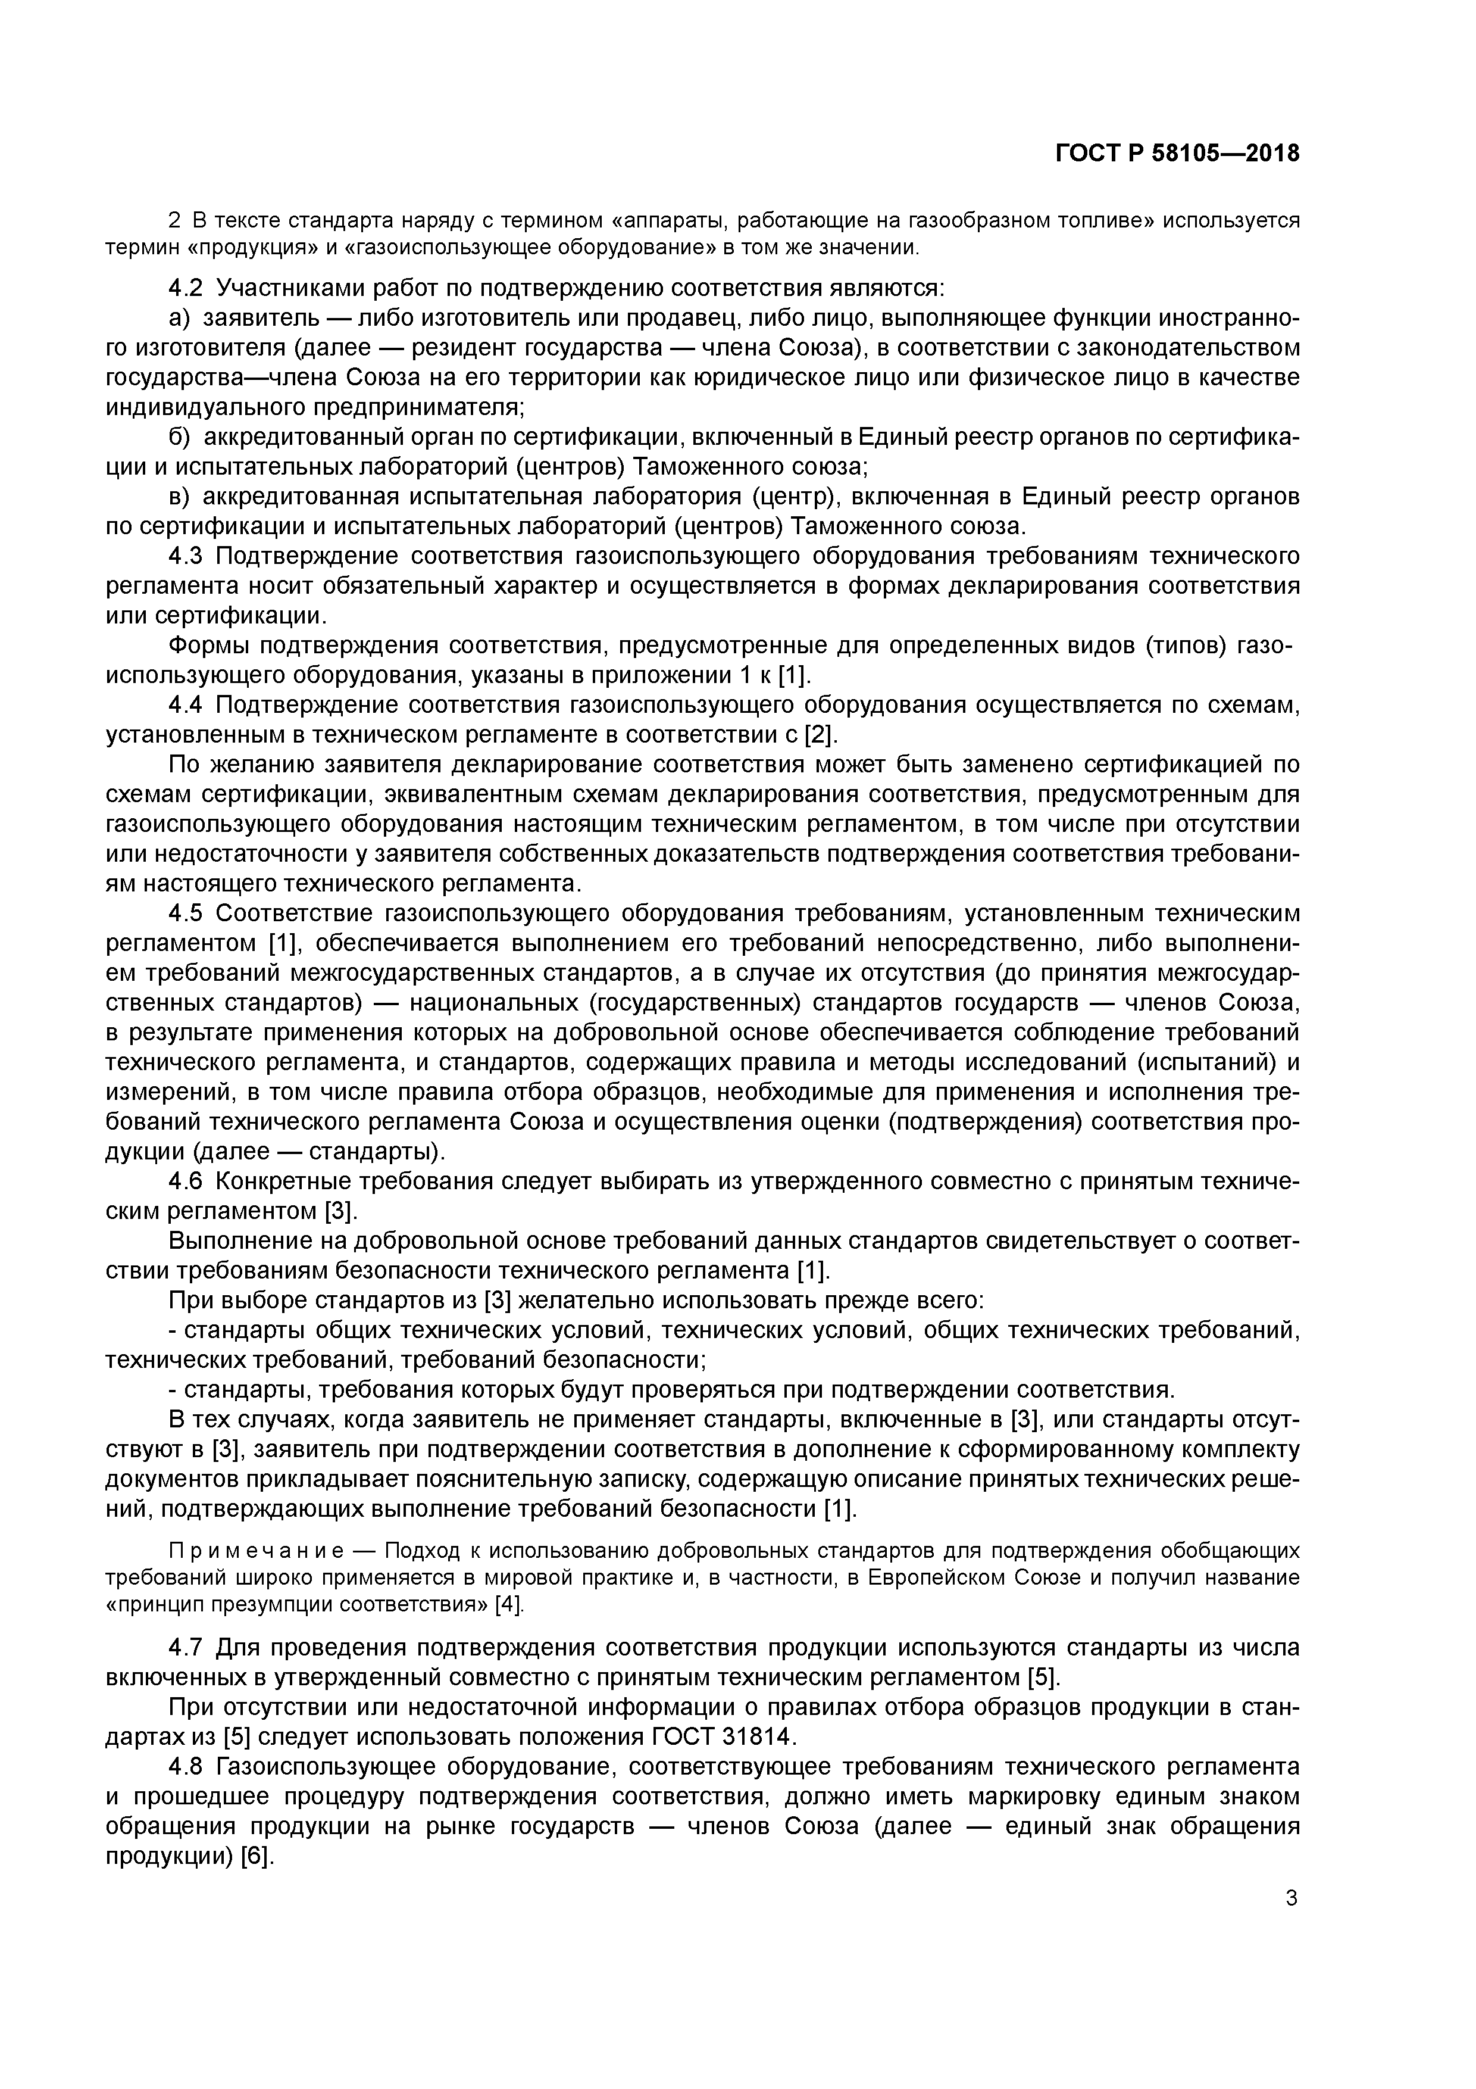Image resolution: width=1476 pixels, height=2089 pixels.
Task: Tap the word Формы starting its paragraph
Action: point(209,646)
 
